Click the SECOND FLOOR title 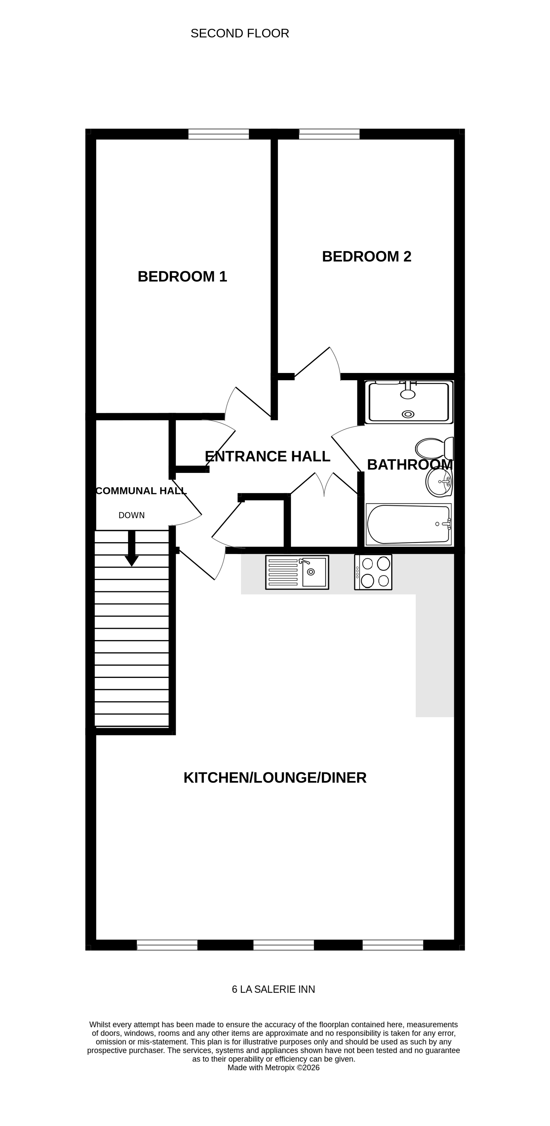click(x=240, y=34)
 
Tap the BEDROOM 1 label click(x=182, y=277)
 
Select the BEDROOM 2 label click(x=366, y=257)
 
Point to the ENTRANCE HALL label click(x=267, y=456)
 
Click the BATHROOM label click(x=409, y=465)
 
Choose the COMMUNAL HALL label click(x=141, y=491)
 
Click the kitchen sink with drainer click(x=297, y=572)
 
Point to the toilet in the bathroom click(x=434, y=448)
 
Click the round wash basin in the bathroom click(x=439, y=483)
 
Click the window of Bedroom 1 click(x=219, y=134)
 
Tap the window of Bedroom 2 click(x=329, y=134)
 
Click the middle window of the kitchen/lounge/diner click(x=284, y=945)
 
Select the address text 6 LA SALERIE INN click(x=273, y=989)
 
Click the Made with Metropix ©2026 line click(x=273, y=1067)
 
